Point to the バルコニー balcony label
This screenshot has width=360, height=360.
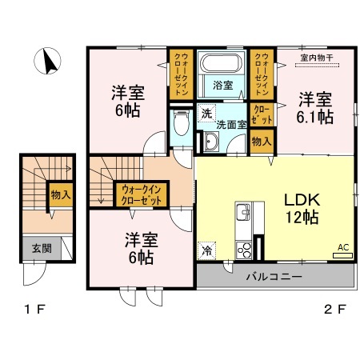[274, 278]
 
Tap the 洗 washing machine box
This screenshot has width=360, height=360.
[207, 114]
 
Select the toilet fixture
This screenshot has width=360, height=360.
[181, 125]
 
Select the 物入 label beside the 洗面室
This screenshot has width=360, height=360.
[261, 142]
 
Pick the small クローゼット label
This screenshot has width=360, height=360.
[261, 112]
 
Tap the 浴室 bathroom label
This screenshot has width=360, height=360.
[222, 86]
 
